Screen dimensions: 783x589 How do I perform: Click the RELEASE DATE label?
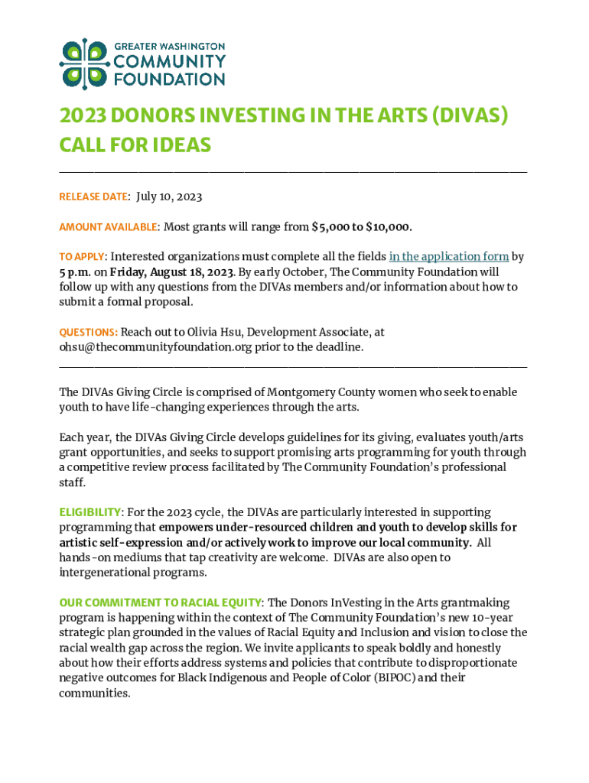[93, 197]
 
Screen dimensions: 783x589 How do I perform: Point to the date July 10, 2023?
[169, 197]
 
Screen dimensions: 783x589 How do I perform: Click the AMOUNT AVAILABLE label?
[108, 227]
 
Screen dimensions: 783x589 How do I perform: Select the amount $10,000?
[389, 227]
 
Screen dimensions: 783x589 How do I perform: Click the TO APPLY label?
[81, 257]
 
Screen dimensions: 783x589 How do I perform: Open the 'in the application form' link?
[448, 257]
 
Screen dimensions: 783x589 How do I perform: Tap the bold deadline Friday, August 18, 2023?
[172, 271]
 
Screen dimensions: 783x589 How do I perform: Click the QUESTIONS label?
[88, 333]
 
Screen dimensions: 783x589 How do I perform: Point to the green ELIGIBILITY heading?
[90, 512]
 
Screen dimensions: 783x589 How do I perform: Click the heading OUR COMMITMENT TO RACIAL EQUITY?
[161, 603]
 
